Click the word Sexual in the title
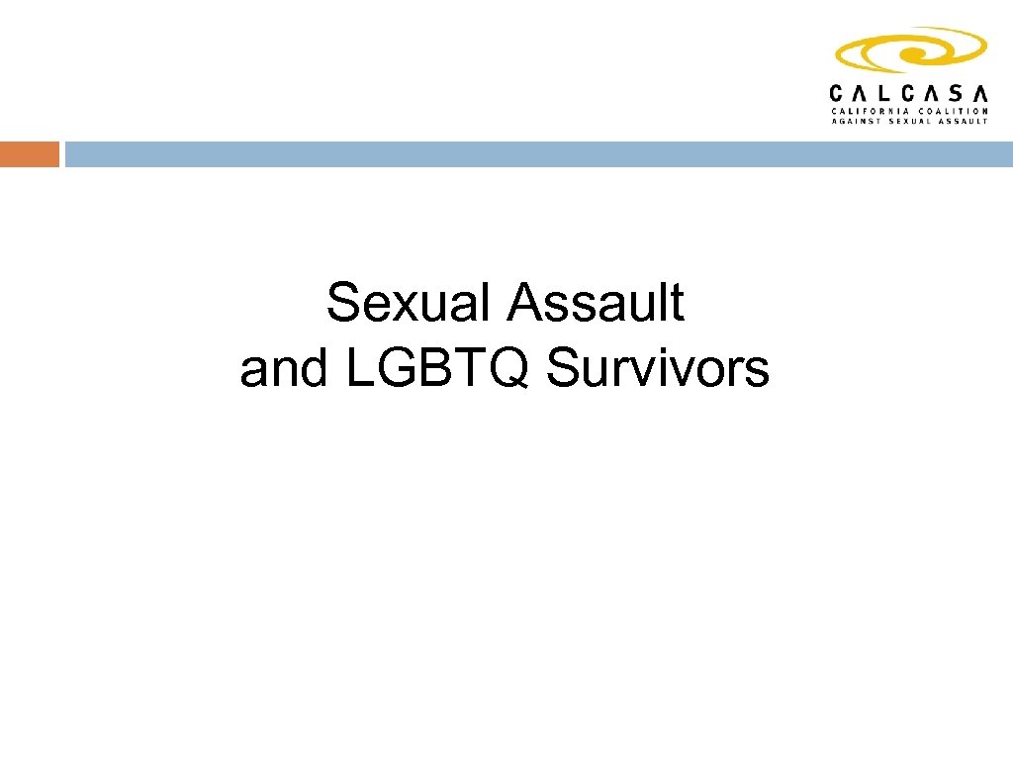[x=410, y=303]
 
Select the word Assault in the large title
[x=595, y=303]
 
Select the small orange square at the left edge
[x=29, y=154]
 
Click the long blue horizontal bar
[x=538, y=154]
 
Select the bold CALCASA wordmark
[x=908, y=93]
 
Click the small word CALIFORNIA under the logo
[x=867, y=111]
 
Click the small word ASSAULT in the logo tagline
[x=964, y=121]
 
